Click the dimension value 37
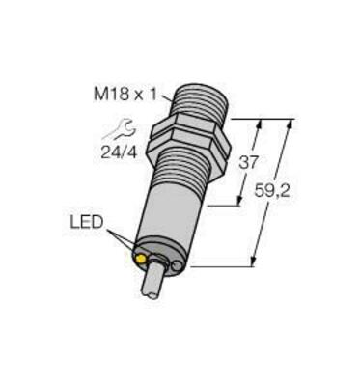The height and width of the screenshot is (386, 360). pyautogui.click(x=249, y=161)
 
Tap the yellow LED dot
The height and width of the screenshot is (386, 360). pyautogui.click(x=144, y=259)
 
